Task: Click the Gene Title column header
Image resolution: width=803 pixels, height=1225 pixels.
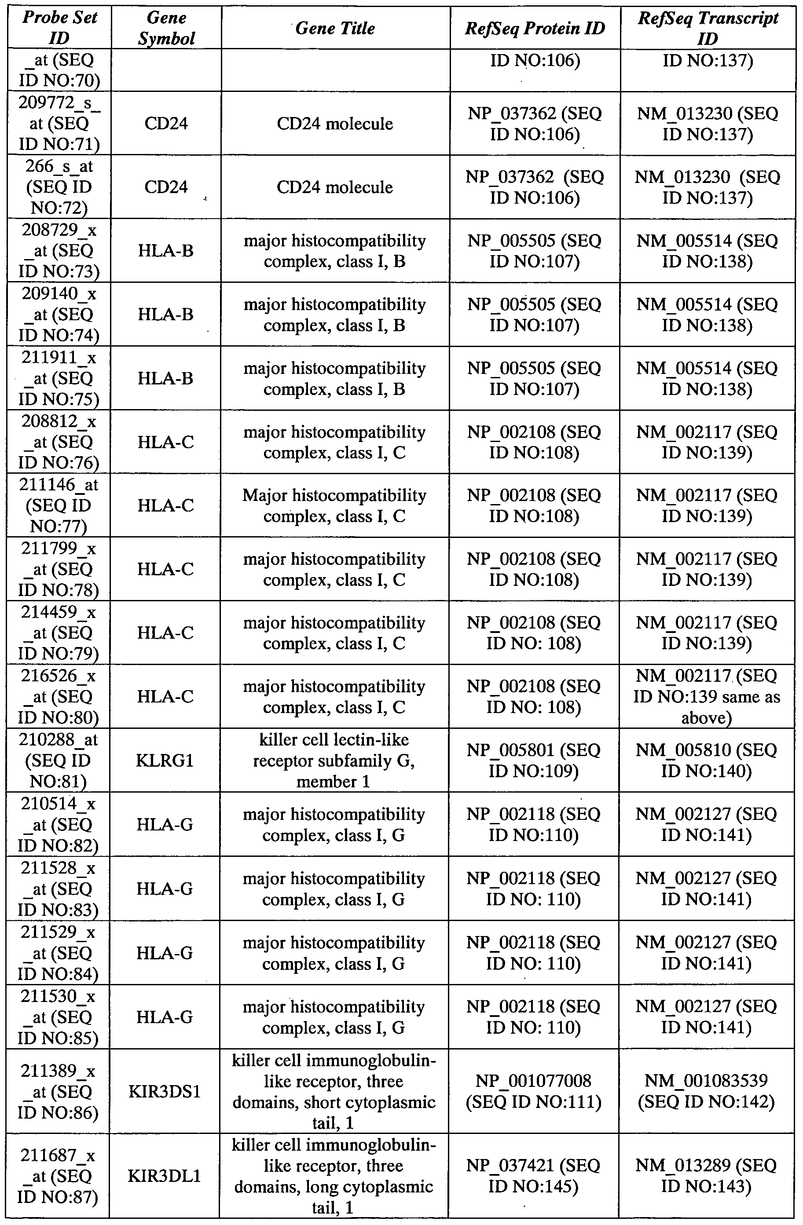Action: (335, 28)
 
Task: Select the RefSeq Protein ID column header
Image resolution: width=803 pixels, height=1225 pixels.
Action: (534, 28)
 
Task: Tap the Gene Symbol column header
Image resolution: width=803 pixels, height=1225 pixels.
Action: (166, 28)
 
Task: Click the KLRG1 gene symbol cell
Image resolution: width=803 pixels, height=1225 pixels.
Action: (165, 760)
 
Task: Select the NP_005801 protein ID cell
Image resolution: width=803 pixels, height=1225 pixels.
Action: (534, 760)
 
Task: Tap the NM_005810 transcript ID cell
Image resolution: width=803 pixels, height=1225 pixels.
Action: (706, 760)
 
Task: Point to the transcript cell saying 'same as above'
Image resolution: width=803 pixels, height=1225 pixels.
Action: (706, 696)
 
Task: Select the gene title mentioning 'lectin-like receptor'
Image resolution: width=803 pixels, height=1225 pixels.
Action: (334, 760)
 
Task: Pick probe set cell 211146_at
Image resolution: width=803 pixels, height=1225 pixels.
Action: (59, 505)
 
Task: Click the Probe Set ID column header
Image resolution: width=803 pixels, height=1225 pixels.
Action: (60, 28)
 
